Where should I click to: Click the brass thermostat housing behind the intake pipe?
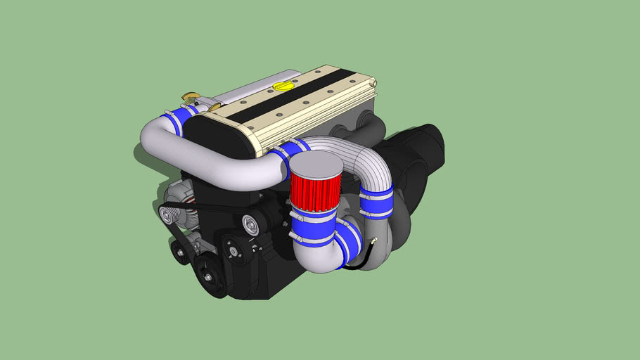191,96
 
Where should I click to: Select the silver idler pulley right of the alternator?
250,225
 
